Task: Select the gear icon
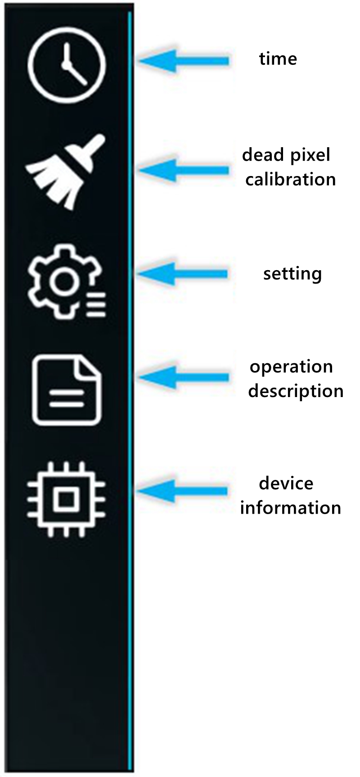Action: (x=67, y=281)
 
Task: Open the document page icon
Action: (x=67, y=390)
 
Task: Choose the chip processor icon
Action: (x=67, y=499)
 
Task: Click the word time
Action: (x=278, y=59)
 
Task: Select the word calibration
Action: (x=291, y=179)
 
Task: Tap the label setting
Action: (x=292, y=274)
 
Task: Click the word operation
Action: (x=292, y=367)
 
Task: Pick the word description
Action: (x=296, y=391)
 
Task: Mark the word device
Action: (x=286, y=483)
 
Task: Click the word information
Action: (x=290, y=508)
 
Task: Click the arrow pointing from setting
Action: (x=182, y=274)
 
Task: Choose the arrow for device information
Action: (x=182, y=491)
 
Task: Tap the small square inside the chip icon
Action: (x=67, y=499)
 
